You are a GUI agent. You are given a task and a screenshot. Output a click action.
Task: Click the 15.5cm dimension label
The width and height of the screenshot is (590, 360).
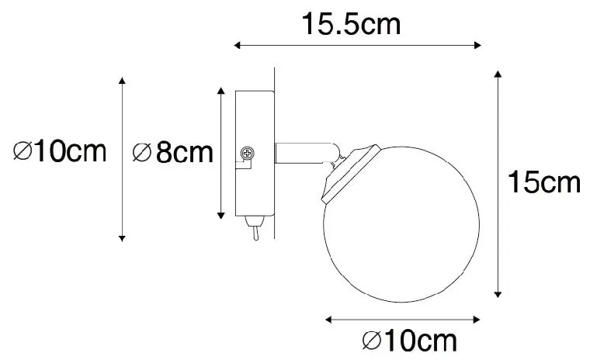coord(351,24)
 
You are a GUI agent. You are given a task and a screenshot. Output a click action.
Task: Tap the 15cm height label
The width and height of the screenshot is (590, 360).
coord(544,182)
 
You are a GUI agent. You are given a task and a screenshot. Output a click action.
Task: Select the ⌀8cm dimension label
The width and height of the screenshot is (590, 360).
coord(172,152)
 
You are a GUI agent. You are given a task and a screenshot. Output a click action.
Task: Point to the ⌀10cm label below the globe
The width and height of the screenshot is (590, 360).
coord(409,341)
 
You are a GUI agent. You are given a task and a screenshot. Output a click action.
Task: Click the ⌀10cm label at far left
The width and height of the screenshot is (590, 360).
coord(60,151)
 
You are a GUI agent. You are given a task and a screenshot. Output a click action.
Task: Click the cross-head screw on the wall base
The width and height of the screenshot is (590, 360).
coord(247,153)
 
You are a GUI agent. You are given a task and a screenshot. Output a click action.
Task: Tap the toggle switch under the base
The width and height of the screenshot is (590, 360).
coord(254,227)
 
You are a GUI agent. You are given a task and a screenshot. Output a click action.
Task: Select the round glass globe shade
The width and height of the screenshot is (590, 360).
coord(401,224)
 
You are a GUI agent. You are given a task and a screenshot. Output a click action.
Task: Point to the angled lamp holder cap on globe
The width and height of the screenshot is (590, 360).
coord(351,174)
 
